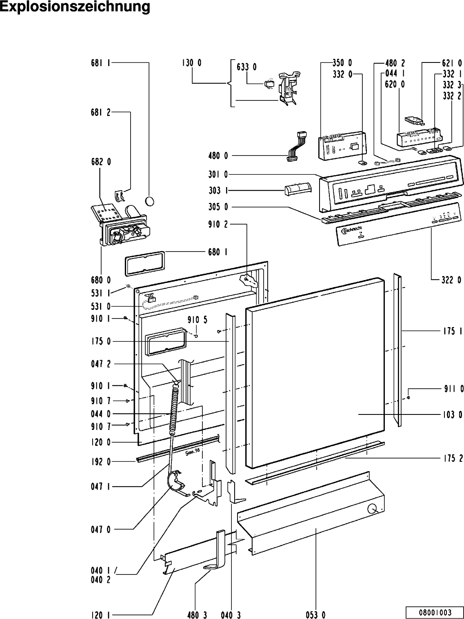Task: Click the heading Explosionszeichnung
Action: (75, 7)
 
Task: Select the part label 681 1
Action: (100, 63)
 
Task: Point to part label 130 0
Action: (191, 63)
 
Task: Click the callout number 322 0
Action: (453, 280)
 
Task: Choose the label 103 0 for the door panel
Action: (453, 415)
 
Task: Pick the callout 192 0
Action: (100, 462)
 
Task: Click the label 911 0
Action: (453, 389)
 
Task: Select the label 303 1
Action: (218, 191)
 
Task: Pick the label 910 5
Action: (198, 320)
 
